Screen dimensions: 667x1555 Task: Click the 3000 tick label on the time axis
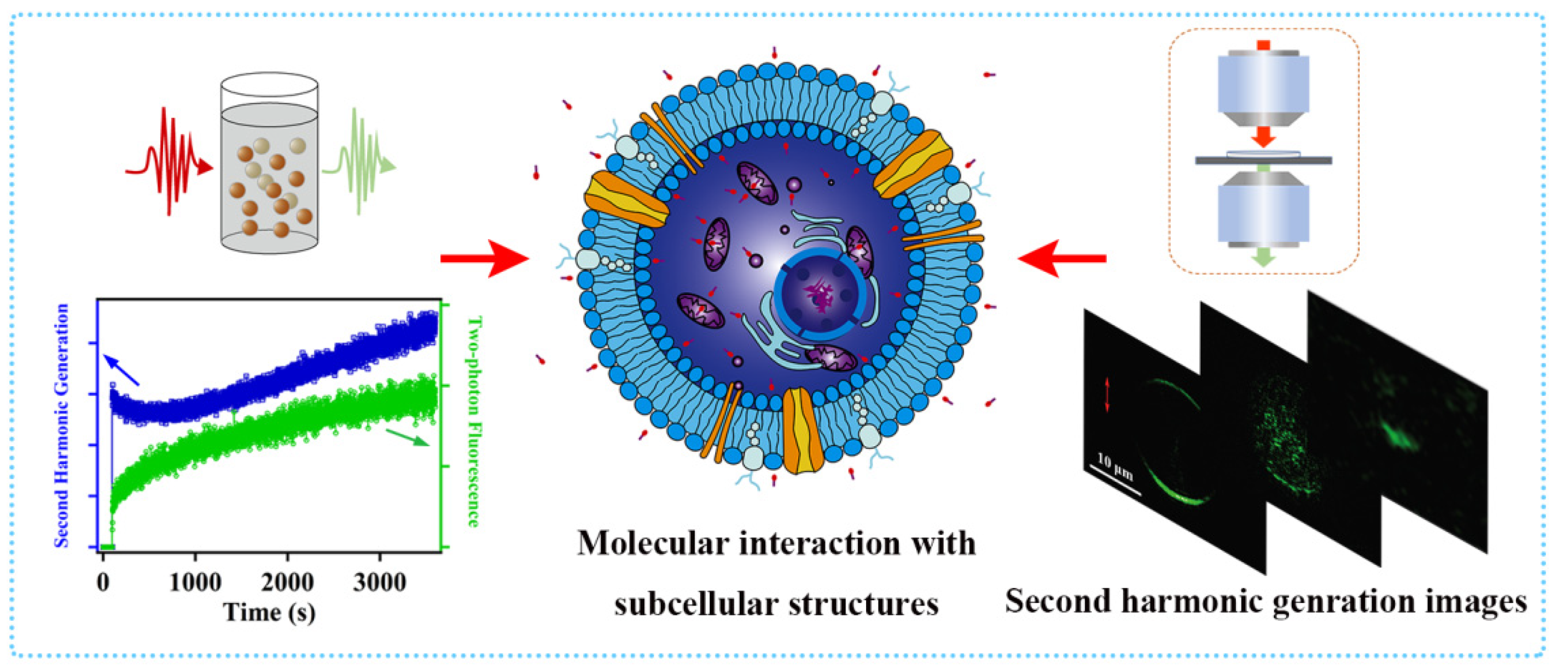[380, 582]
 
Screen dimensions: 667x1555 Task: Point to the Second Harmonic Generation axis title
[62, 426]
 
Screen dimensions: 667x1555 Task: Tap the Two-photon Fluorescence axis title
[474, 421]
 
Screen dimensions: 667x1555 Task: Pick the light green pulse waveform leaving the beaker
[360, 162]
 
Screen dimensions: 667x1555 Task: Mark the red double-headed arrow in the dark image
[1107, 396]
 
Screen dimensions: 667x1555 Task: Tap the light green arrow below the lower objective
[1264, 258]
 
